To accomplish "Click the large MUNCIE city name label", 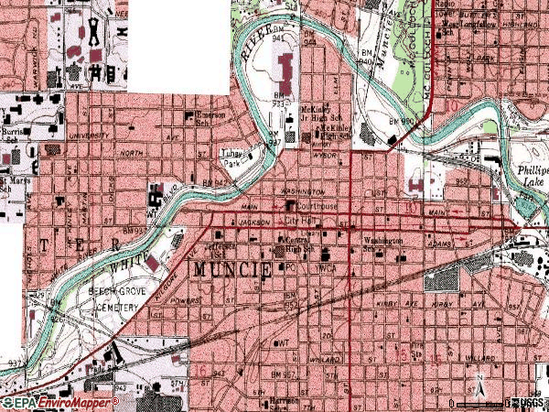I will pyautogui.click(x=231, y=271).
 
